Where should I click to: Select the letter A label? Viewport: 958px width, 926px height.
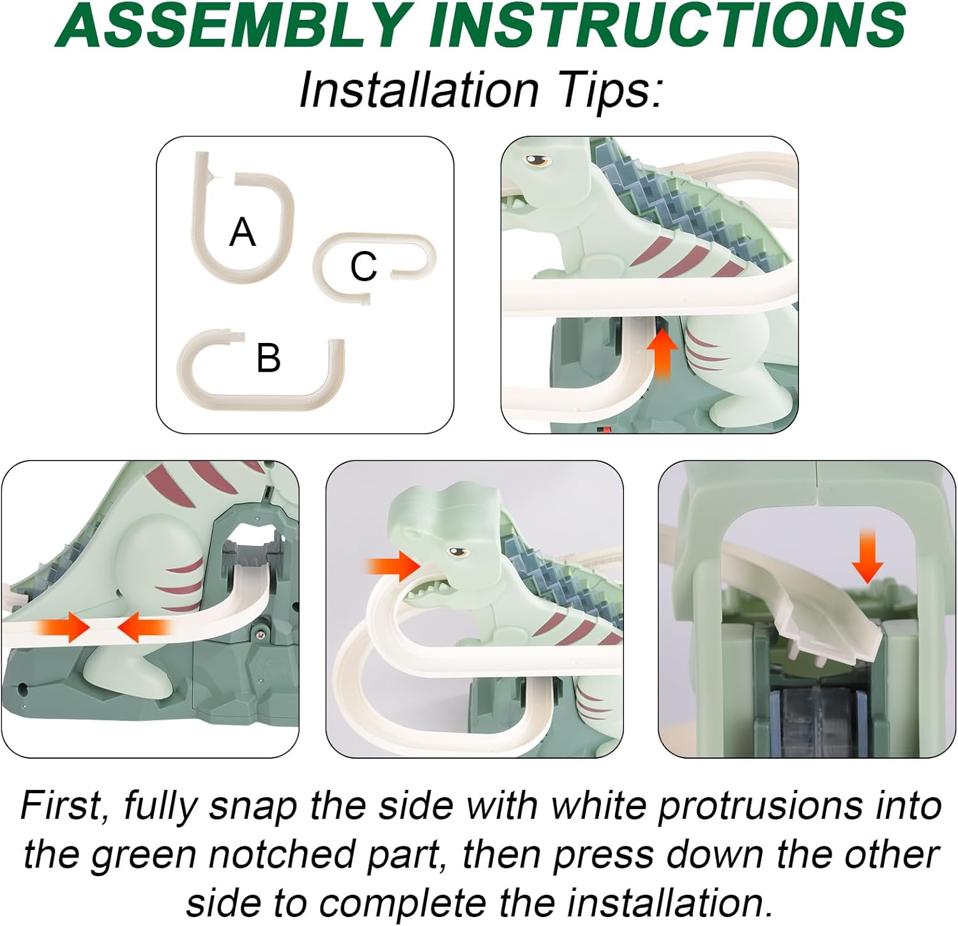(243, 232)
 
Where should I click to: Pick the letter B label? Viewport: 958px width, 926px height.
(268, 358)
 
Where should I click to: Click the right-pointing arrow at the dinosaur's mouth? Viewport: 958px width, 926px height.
(392, 566)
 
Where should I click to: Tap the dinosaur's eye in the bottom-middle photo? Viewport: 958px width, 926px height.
(456, 553)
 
